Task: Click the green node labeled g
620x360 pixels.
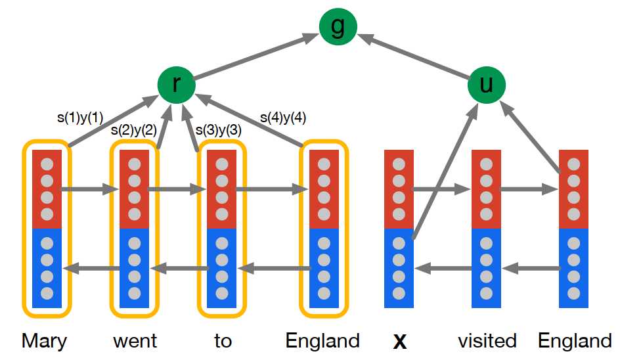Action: tap(338, 26)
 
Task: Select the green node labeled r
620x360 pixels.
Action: tap(176, 85)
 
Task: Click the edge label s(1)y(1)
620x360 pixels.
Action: tap(80, 119)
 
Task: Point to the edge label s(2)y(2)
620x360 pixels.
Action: tap(133, 130)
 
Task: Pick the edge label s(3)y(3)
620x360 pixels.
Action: tap(219, 130)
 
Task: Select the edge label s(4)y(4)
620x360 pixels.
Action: tap(283, 118)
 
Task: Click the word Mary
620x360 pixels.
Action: tap(44, 341)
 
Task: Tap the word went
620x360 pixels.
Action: tap(135, 341)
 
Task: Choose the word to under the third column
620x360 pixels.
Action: tap(223, 341)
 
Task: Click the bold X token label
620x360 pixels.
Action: tap(399, 342)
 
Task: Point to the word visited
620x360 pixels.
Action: tap(487, 341)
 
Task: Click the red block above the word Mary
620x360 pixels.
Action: tap(47, 189)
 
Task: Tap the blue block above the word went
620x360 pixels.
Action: tap(135, 268)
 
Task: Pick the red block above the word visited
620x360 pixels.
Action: tap(486, 189)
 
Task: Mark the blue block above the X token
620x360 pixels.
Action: tap(399, 268)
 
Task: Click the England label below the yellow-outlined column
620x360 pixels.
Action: tap(322, 341)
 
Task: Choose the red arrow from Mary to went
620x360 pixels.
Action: tap(90, 190)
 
